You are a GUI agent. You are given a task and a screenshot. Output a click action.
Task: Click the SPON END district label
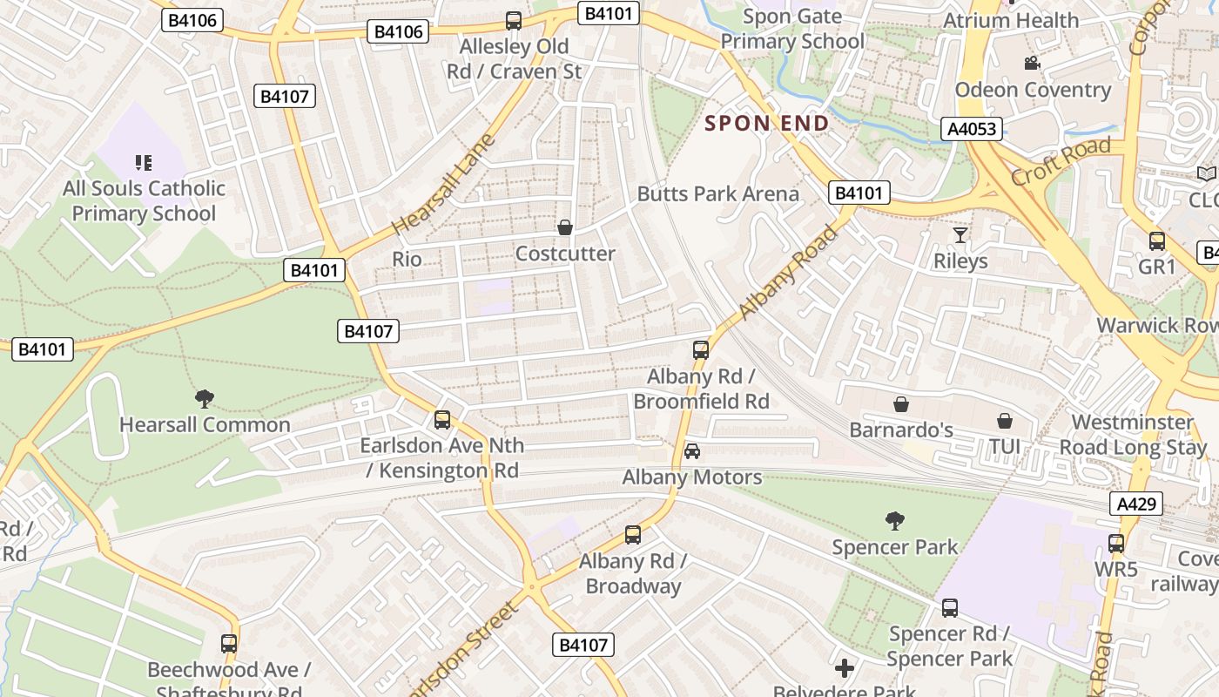point(766,124)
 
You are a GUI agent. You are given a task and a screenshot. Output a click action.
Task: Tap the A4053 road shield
point(972,129)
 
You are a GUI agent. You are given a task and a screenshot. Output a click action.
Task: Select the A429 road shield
point(1136,504)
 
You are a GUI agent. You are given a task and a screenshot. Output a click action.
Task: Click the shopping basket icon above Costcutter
point(565,227)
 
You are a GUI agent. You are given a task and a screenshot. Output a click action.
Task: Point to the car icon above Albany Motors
point(692,450)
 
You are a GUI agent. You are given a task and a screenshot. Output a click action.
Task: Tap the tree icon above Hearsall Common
point(205,399)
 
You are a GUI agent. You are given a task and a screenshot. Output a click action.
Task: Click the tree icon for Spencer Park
point(894,521)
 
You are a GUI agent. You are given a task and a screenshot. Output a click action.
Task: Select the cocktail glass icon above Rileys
point(960,235)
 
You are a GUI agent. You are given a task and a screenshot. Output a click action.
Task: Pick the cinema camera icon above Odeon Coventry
point(1032,64)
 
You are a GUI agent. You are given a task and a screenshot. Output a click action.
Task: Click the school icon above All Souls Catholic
point(144,162)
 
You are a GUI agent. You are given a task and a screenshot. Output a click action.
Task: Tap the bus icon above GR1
point(1157,241)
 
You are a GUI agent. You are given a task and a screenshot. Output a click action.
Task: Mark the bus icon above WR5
point(1116,544)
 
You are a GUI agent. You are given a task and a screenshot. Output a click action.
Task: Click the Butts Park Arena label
point(718,193)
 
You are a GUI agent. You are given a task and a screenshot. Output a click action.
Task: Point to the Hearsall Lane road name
point(443,185)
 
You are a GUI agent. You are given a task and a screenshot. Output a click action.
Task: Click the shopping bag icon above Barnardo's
point(901,404)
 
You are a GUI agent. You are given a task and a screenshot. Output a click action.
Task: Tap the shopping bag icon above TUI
point(1004,421)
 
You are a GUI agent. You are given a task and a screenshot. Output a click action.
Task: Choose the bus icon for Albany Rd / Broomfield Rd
point(701,350)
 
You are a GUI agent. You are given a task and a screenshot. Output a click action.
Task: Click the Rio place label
point(407,259)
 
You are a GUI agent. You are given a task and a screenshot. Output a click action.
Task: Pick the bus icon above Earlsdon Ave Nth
point(442,420)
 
